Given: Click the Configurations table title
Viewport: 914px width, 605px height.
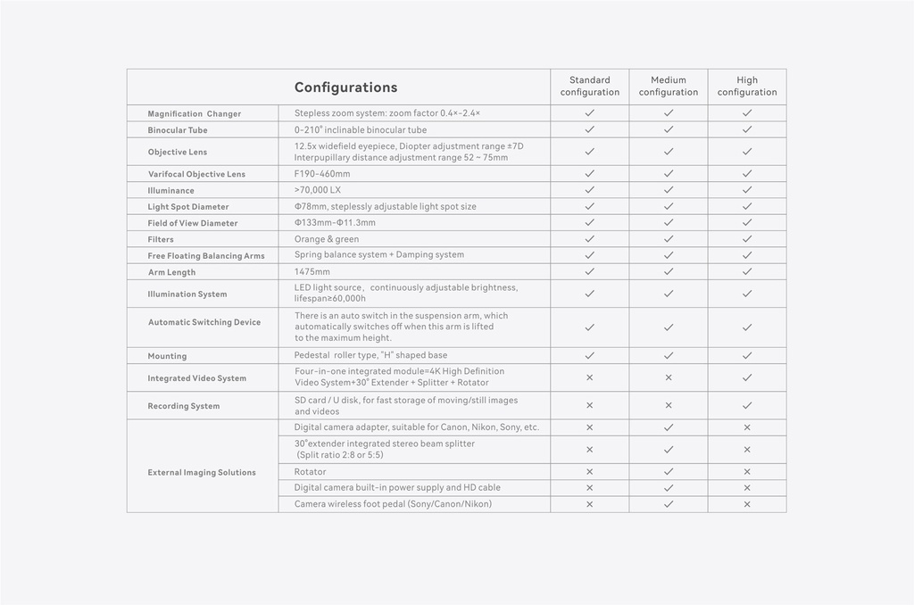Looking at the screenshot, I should point(345,87).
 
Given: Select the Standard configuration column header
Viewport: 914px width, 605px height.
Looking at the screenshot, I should point(589,87).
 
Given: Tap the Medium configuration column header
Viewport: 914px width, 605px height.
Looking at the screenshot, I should point(668,87).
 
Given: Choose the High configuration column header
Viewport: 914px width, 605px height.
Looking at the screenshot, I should point(747,87).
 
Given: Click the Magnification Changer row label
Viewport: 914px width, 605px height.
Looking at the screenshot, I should point(195,114).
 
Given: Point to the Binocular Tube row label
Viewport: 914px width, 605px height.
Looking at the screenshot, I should point(178,130).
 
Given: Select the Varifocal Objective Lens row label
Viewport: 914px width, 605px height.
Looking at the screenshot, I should point(196,174).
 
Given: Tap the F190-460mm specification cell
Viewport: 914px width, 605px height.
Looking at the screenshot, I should point(322,174).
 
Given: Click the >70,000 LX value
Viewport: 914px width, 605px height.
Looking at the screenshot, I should point(318,190).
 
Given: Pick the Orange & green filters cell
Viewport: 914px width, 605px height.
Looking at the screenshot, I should point(327,239).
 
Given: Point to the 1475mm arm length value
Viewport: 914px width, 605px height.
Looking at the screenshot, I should point(312,271).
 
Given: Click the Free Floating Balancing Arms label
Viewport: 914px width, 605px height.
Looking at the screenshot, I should point(206,256).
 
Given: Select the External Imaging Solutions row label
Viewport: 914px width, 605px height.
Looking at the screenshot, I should point(202,473).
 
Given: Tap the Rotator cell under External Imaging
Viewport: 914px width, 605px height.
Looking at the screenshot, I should point(311,472).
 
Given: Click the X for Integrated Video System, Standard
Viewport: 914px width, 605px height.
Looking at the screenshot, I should point(589,377).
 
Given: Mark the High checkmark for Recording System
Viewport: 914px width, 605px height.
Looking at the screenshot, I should point(747,405).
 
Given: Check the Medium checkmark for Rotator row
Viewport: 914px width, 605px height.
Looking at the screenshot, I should point(668,471).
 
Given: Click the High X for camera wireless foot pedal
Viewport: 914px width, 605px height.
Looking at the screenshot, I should point(747,504).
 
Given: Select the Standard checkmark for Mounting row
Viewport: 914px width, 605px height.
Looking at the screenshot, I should point(589,355).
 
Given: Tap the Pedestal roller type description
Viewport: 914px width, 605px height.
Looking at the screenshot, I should point(371,355).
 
